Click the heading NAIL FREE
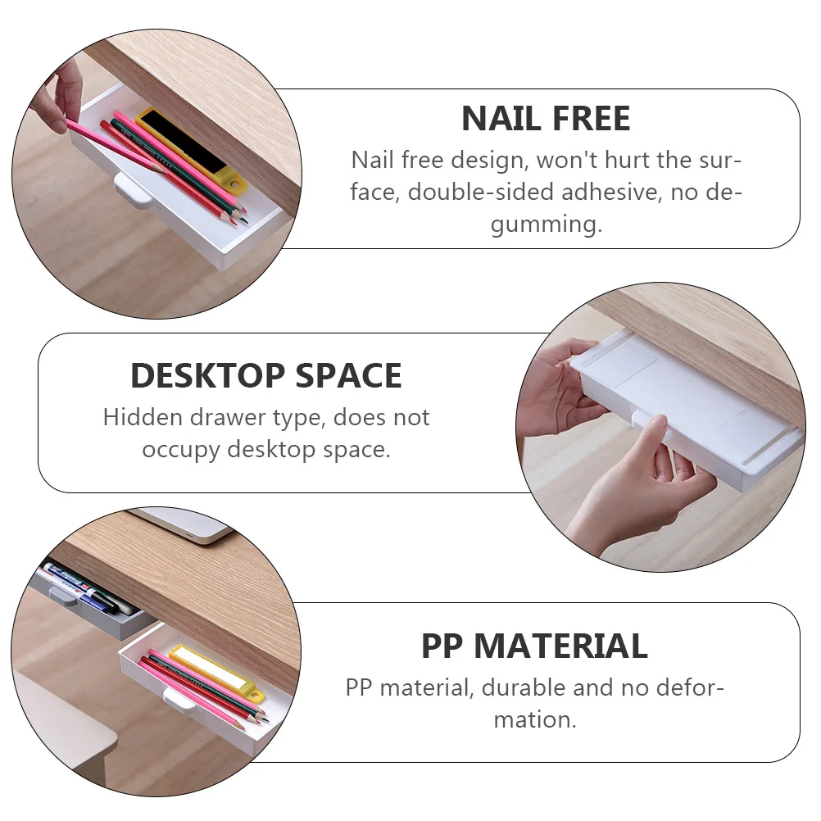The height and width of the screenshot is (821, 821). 546,119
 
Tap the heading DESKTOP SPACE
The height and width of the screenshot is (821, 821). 266,376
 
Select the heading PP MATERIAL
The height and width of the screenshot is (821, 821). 534,646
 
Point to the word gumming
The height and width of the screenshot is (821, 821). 546,224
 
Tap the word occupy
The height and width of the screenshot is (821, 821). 181,450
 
